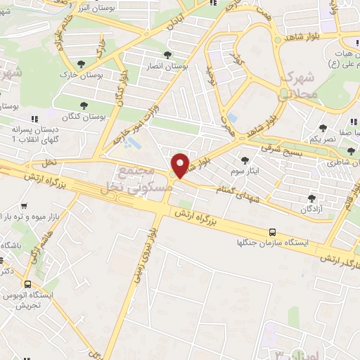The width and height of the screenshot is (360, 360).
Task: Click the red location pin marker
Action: pos(181,165)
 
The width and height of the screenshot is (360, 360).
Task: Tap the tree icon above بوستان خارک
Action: pos(83,66)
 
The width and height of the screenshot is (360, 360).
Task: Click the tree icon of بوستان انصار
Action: pos(167,55)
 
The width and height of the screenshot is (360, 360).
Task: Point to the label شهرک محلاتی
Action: pos(298,84)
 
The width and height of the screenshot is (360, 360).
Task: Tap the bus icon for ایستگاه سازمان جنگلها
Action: pos(273,232)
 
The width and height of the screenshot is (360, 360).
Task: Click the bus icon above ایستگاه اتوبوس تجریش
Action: pos(27,285)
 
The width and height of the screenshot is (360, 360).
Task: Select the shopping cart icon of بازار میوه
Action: pos(24,207)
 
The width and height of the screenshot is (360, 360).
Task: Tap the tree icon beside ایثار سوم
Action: pos(244,160)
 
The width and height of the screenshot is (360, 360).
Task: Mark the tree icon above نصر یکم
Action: pos(323,128)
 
